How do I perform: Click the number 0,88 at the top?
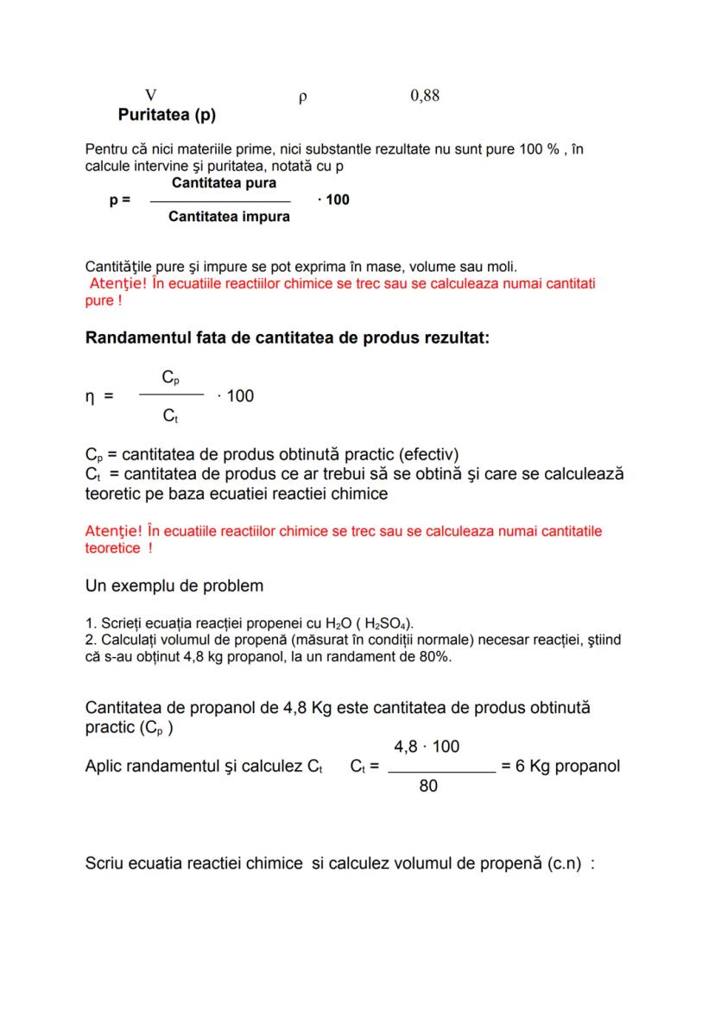click(x=425, y=96)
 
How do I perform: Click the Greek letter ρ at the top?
click(x=302, y=98)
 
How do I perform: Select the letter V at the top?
click(x=151, y=96)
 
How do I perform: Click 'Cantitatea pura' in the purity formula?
click(x=225, y=184)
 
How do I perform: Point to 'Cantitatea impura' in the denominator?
click(x=229, y=217)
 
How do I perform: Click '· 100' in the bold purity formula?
click(x=333, y=200)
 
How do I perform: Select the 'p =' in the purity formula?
click(x=120, y=200)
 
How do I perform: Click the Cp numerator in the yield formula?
click(x=171, y=377)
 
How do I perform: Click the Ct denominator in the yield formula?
click(x=171, y=416)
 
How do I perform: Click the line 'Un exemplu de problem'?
click(x=174, y=586)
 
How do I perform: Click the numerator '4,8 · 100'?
click(x=427, y=747)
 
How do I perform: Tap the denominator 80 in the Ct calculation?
click(x=428, y=786)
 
